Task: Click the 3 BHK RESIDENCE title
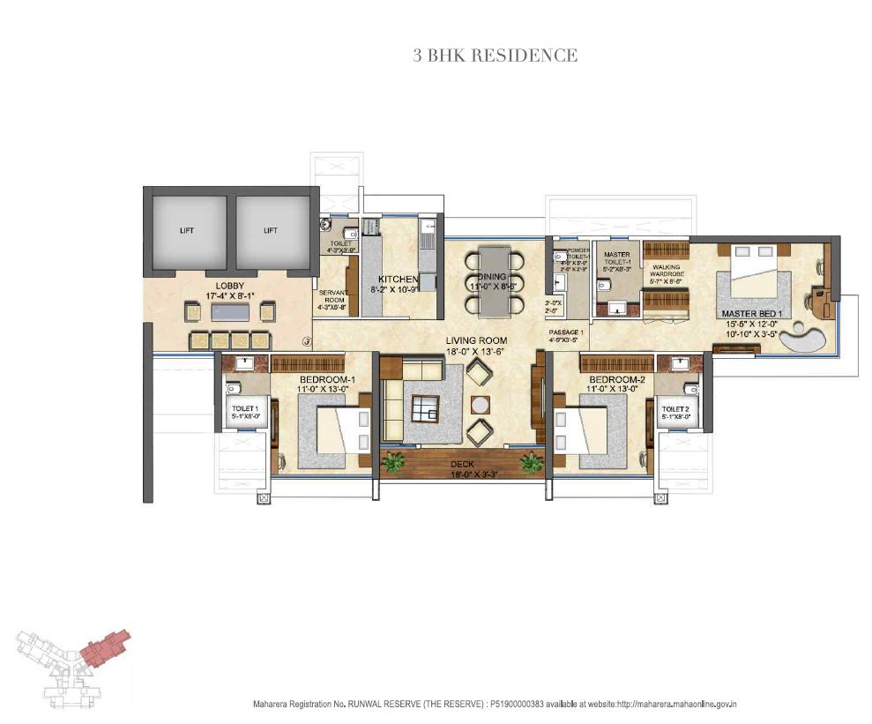coord(496,56)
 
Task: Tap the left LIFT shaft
coord(186,230)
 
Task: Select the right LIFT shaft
coord(270,230)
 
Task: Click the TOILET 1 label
coord(244,409)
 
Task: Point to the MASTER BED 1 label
coord(752,313)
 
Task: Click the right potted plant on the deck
coord(531,462)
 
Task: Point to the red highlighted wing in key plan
coord(104,646)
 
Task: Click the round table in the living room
coord(480,405)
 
